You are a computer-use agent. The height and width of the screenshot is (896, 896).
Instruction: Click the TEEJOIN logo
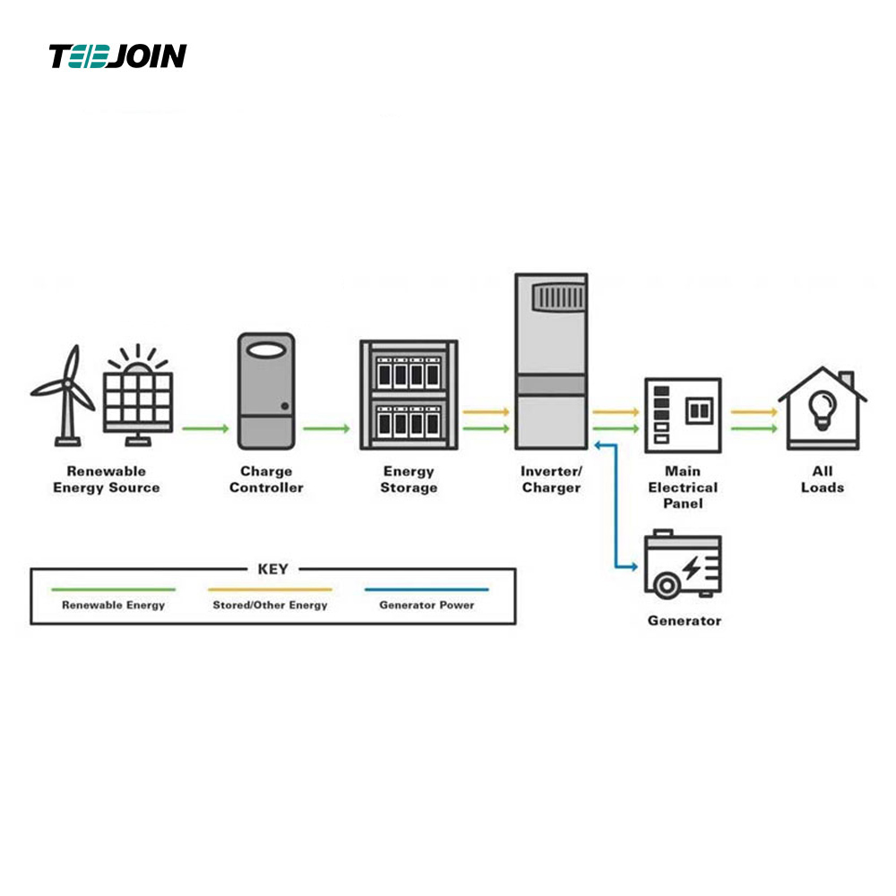[x=117, y=56]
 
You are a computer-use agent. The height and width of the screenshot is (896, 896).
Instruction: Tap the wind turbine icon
[x=64, y=395]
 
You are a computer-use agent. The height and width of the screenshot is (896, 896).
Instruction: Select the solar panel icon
[x=138, y=395]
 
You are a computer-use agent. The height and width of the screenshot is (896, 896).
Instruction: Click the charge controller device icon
[x=266, y=392]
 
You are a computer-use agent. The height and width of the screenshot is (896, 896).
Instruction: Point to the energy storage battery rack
[x=409, y=395]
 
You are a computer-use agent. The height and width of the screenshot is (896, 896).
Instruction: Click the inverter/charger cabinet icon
[x=551, y=362]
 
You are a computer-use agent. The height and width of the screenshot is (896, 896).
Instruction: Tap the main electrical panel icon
[x=683, y=416]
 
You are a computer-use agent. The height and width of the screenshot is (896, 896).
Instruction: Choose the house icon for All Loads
[x=823, y=409]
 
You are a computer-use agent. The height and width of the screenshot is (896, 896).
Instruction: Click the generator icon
[x=683, y=564]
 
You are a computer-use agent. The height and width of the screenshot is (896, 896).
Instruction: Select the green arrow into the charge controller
[x=206, y=428]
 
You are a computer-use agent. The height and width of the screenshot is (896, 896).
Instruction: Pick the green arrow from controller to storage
[x=326, y=428]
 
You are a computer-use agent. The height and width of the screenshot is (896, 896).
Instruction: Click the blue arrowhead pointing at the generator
[x=633, y=567]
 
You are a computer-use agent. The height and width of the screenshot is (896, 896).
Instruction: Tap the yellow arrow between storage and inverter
[x=486, y=412]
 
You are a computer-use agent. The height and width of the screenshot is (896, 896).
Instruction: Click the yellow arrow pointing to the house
[x=754, y=412]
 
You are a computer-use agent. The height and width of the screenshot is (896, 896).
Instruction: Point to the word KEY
[x=273, y=569]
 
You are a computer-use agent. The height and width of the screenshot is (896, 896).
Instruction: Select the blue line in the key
[x=426, y=590]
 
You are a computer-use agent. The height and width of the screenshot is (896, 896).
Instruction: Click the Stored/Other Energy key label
[x=271, y=605]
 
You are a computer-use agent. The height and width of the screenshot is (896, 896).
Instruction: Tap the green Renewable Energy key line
[x=113, y=590]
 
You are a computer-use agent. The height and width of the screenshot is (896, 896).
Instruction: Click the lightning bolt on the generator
[x=693, y=568]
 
